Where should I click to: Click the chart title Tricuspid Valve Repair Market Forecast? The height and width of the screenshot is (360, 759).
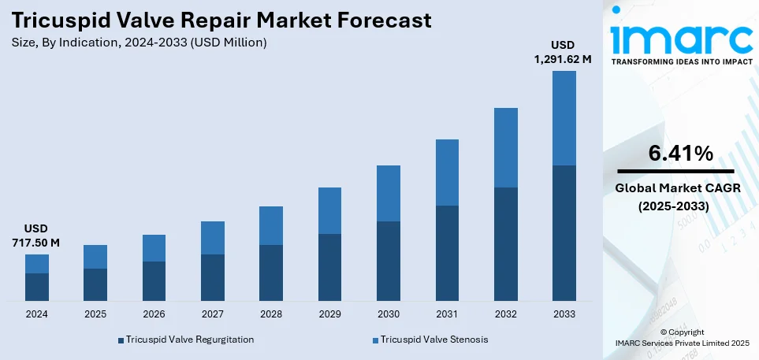[x=222, y=20]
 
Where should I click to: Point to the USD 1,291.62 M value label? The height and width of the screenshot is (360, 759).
[x=564, y=51]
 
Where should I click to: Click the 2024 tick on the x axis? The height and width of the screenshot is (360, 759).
[x=37, y=314]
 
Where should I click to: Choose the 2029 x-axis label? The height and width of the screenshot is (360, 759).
[x=329, y=314]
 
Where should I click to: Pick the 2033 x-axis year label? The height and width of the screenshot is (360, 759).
[x=564, y=314]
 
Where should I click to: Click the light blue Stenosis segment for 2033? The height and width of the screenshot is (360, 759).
[x=564, y=118]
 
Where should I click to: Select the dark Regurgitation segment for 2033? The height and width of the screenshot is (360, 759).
[x=564, y=233]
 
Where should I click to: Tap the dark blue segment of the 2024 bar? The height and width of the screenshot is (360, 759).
[x=37, y=287]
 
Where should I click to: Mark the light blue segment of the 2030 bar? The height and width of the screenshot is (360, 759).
[x=388, y=193]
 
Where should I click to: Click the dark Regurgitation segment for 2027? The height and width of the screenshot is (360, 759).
[x=213, y=277]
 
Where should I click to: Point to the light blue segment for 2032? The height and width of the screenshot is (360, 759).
[x=505, y=147]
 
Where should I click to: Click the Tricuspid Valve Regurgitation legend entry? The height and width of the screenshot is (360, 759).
[x=186, y=340]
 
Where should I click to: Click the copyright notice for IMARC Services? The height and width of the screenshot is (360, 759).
[x=682, y=337]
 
